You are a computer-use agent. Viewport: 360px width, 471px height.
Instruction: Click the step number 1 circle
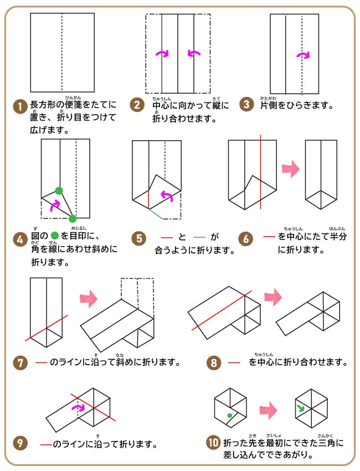[20, 105]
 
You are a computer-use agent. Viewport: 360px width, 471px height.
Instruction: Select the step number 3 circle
[248, 105]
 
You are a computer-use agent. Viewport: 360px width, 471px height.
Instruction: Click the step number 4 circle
[20, 239]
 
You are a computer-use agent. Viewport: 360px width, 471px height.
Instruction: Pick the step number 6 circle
[246, 239]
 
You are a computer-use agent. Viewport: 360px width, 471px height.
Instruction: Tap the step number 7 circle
[20, 363]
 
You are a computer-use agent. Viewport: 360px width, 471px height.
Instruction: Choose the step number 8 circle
[214, 363]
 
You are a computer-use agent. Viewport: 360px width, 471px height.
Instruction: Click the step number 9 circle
[20, 443]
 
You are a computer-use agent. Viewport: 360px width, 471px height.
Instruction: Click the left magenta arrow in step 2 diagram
[162, 53]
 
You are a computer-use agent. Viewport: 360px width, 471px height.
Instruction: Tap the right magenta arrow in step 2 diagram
[194, 53]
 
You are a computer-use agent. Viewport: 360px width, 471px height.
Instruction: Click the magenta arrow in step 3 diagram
[303, 55]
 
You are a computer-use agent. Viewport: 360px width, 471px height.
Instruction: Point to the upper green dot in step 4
[59, 191]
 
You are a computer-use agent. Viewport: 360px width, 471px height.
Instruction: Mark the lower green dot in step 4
[73, 218]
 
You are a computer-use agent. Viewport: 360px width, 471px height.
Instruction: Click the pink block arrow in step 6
[291, 169]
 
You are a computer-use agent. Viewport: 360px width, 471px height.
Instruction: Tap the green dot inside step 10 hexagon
[229, 414]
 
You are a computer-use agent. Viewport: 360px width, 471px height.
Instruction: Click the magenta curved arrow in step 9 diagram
[80, 407]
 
